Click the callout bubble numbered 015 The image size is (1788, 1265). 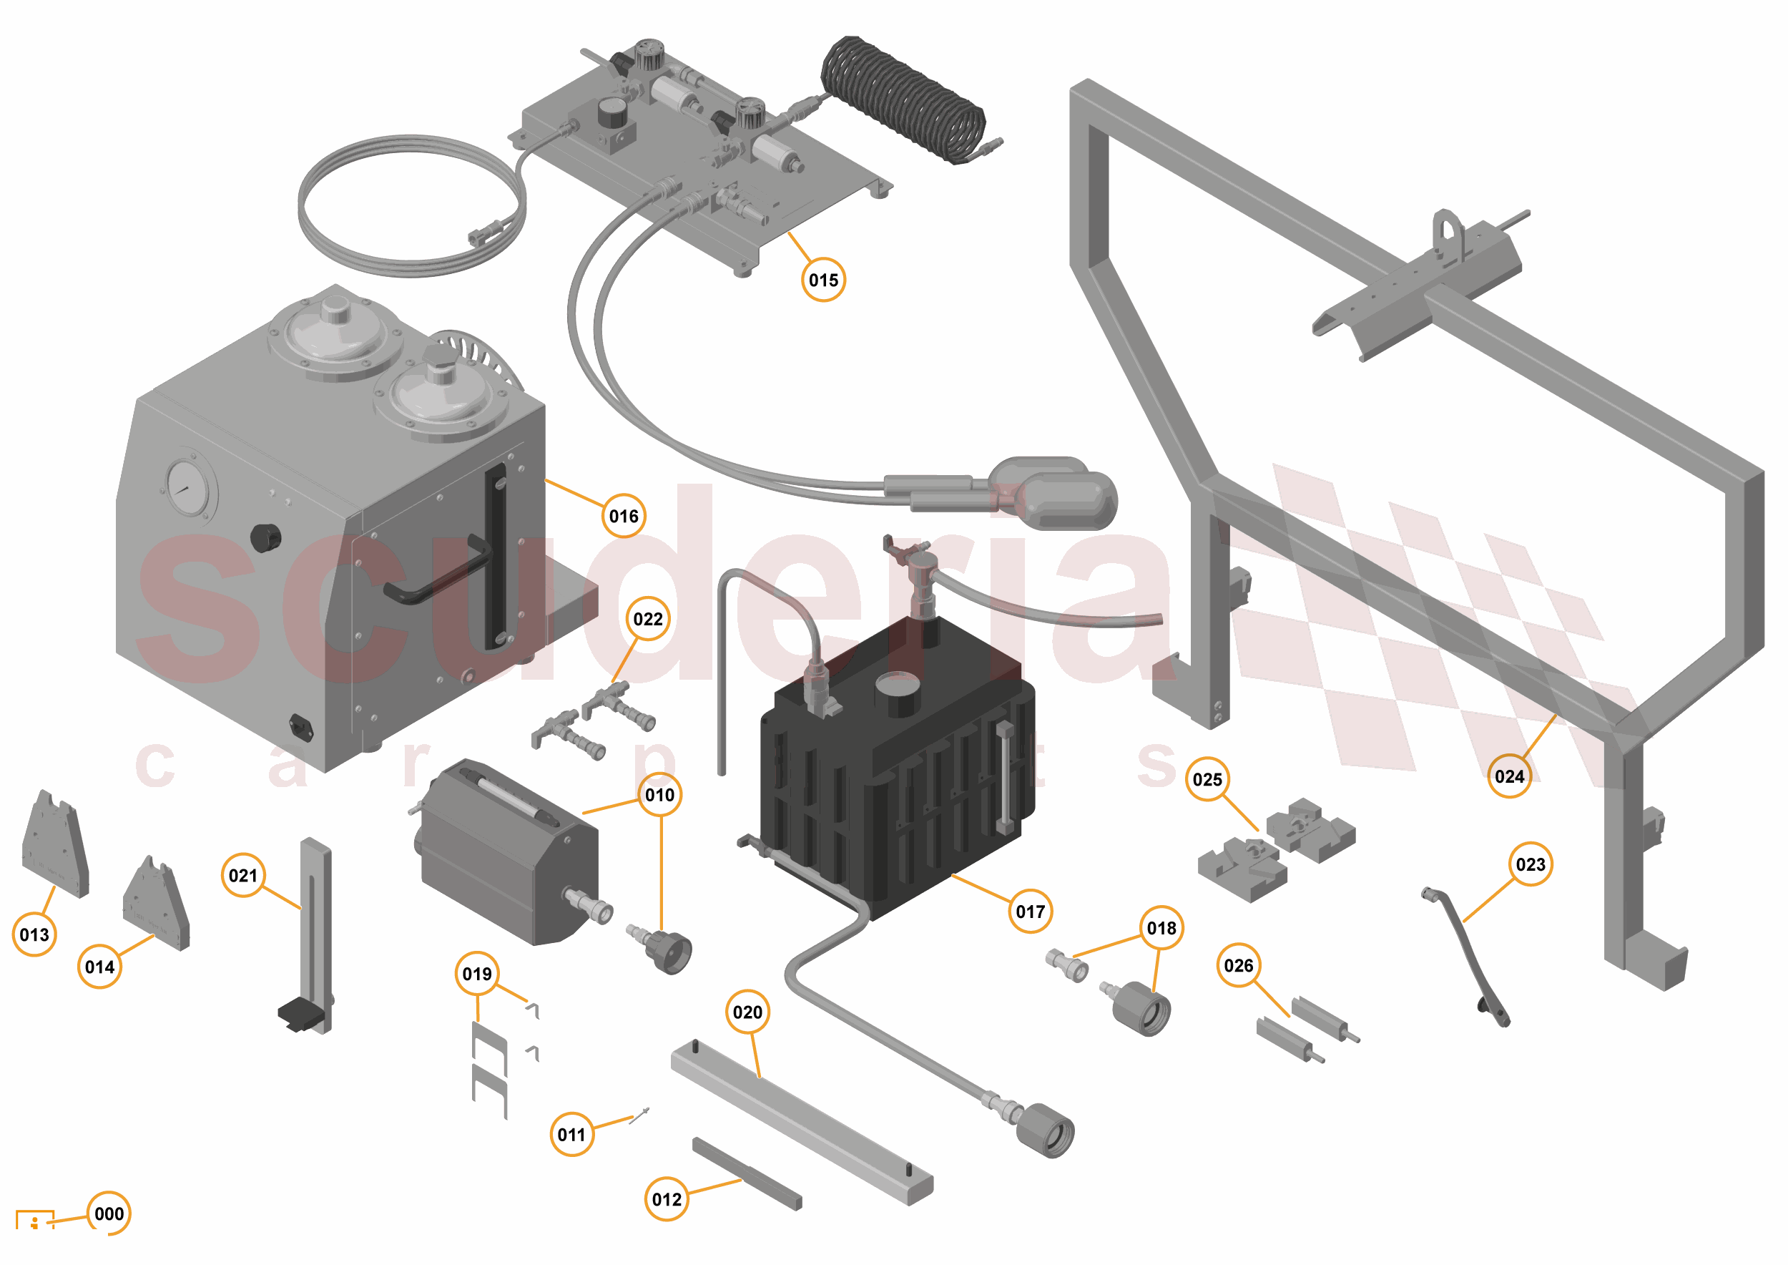823,280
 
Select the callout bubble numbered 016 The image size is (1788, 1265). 624,516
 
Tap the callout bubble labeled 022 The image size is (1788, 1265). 648,619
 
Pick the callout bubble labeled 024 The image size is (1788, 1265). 1509,776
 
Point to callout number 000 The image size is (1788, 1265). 109,1213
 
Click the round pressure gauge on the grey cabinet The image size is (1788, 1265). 189,489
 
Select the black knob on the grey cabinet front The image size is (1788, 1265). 265,537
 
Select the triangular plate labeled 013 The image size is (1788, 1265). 54,845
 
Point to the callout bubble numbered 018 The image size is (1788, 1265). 1161,928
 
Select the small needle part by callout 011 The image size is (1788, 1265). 640,1115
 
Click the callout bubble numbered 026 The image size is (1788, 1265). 1238,966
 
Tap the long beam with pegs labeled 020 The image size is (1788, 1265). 802,1122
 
